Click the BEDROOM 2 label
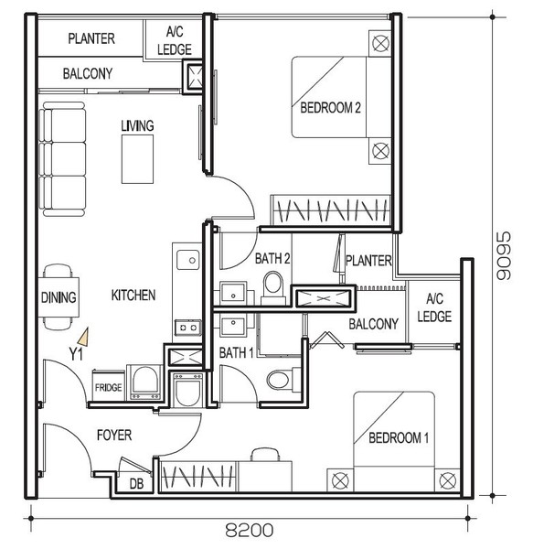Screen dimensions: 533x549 [x=330, y=107]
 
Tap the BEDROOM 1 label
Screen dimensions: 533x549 [x=399, y=437]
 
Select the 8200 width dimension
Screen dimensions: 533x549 [x=249, y=530]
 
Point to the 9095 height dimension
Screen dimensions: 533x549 [x=504, y=255]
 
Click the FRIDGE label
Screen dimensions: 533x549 [x=109, y=387]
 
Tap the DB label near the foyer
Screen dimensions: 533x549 [x=136, y=484]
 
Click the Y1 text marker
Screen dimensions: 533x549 [x=76, y=354]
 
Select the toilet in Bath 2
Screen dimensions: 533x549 [x=273, y=287]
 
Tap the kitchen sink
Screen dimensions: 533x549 [x=188, y=260]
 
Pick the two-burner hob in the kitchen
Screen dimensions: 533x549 [x=187, y=328]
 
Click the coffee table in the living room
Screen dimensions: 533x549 [x=137, y=159]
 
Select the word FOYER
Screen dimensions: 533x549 [x=114, y=436]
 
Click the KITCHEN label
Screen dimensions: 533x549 [x=133, y=296]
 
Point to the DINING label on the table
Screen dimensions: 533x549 [x=59, y=297]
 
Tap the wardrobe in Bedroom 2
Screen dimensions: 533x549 [x=331, y=210]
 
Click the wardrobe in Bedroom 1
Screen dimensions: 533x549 [x=198, y=477]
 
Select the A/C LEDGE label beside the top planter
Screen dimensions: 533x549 [x=175, y=40]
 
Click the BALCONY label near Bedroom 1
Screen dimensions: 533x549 [x=374, y=324]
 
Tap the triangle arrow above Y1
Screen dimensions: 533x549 [x=84, y=337]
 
